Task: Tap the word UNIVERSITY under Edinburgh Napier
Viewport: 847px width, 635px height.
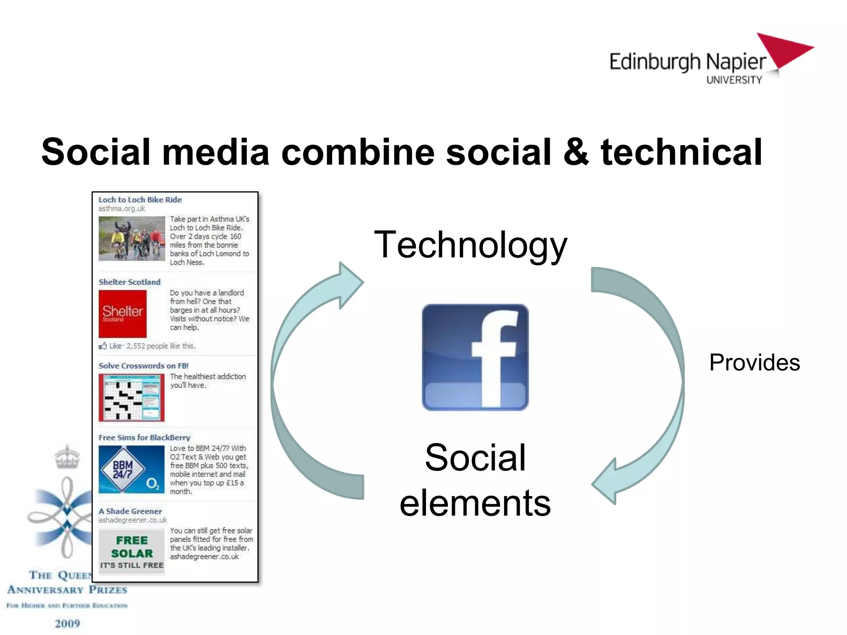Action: pos(734,80)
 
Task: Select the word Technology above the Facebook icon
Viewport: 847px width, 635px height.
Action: pos(470,245)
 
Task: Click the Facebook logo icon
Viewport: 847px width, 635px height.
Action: pos(475,357)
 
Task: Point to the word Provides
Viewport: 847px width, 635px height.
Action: pos(754,363)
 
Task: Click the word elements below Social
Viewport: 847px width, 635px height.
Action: pos(475,503)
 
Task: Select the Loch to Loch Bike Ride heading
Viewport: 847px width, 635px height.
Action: pos(140,200)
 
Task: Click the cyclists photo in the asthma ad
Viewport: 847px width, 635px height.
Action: pos(132,239)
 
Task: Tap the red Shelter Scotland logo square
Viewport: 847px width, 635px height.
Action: pos(122,314)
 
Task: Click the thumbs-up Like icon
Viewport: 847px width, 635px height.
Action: pos(103,346)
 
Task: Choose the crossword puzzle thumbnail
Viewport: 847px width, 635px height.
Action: pos(132,397)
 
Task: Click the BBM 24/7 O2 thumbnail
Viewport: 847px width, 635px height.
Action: pos(132,470)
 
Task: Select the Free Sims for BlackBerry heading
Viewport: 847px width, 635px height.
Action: pos(144,437)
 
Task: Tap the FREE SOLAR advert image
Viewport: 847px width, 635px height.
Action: pos(132,552)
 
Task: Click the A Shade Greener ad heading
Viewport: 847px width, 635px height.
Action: pos(130,511)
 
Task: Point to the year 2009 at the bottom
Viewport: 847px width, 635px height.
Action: pos(67,623)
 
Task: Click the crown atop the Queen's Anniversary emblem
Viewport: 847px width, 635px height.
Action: pos(67,457)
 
